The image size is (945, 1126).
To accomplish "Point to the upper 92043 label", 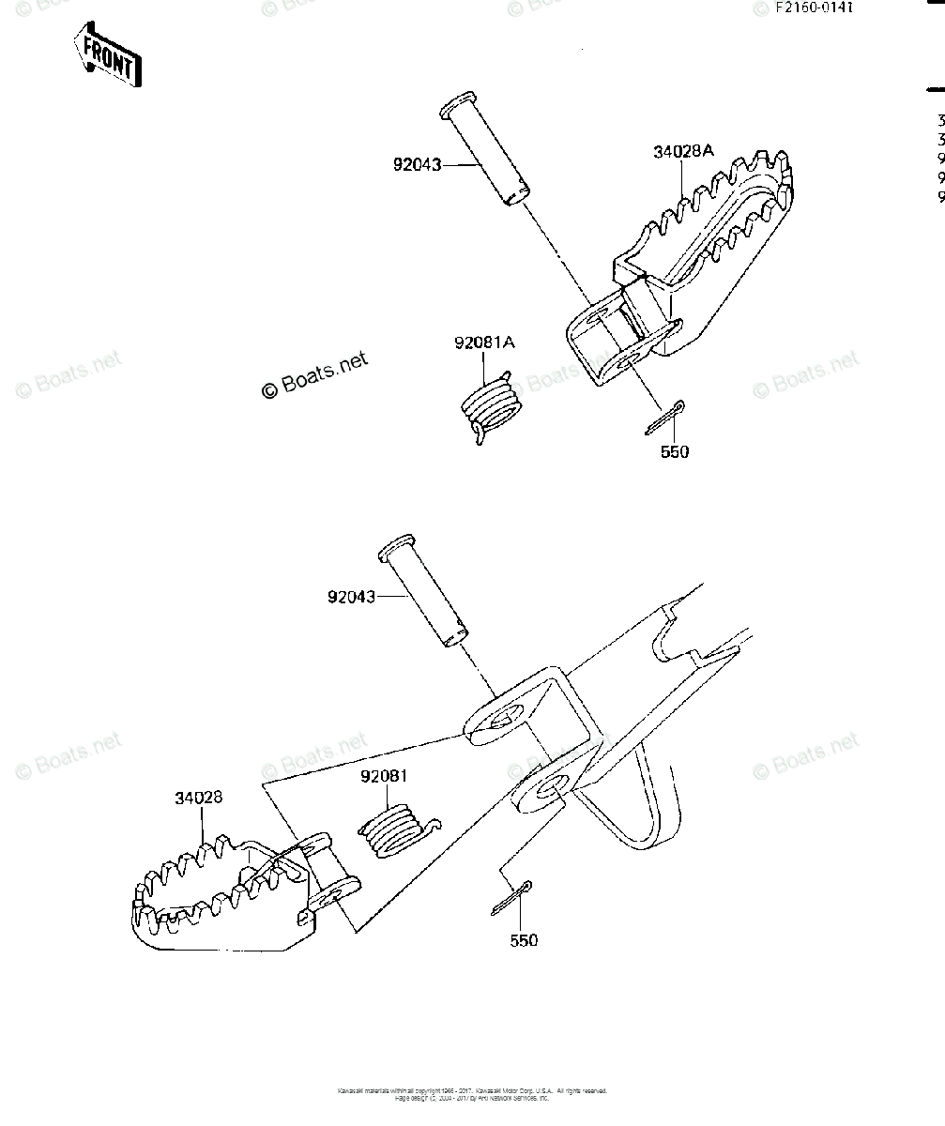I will [418, 166].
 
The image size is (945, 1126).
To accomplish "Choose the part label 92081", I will [386, 777].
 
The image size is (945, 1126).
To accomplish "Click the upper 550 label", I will [674, 451].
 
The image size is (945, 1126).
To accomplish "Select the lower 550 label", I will [524, 940].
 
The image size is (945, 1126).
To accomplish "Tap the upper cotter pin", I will [665, 418].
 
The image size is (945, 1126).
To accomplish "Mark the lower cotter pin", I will [511, 896].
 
